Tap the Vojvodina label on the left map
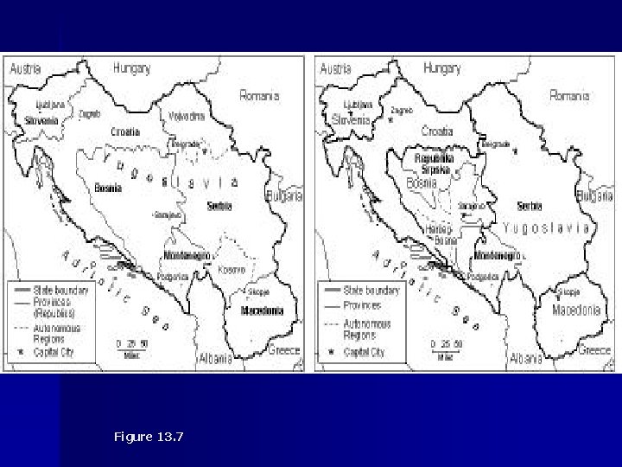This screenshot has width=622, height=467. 185,116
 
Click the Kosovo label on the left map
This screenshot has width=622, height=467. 231,270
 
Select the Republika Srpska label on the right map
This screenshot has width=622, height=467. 434,164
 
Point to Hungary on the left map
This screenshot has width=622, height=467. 131,67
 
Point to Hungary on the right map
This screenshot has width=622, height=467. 441,67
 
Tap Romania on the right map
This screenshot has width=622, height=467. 568,95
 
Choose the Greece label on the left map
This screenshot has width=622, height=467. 282,350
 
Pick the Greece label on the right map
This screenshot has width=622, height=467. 593,350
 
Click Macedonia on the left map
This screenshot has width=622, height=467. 263,310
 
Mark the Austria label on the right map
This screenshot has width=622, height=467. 336,67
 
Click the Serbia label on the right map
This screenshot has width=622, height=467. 529,207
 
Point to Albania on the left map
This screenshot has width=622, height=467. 214,358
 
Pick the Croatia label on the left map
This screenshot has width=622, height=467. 124,132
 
